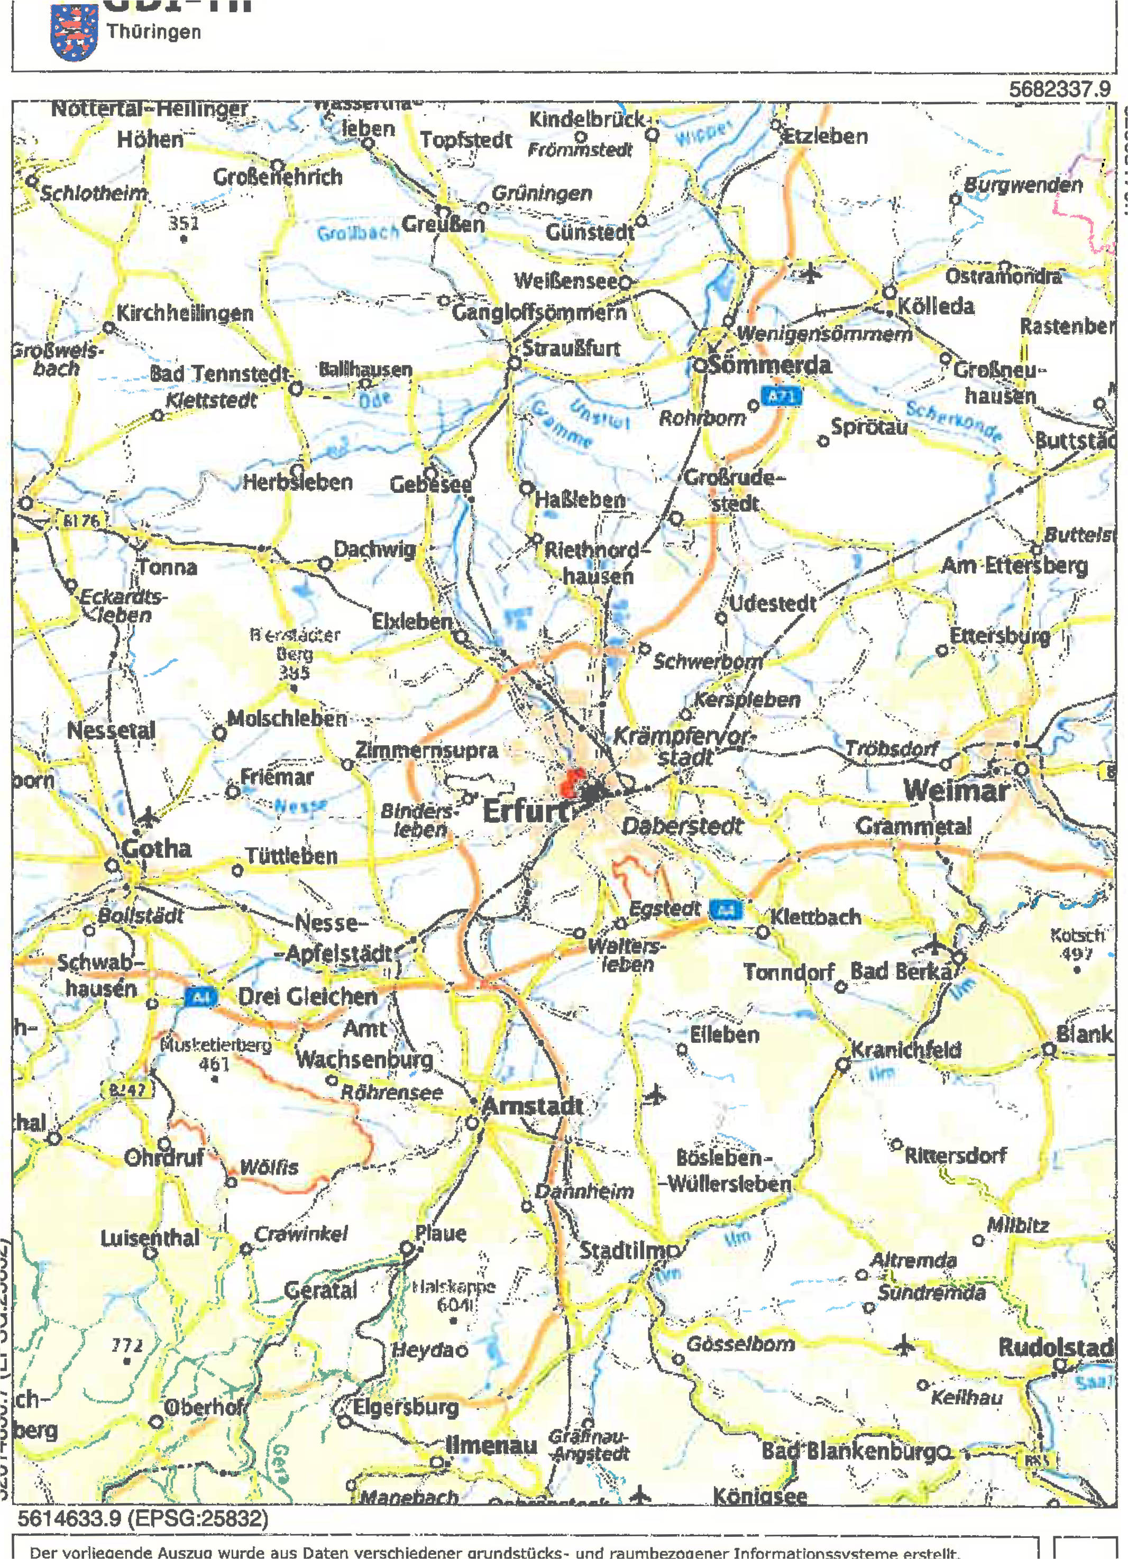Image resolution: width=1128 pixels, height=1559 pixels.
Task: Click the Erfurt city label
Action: (525, 812)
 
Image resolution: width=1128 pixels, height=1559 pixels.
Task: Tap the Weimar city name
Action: (956, 791)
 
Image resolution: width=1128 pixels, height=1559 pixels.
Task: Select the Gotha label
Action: (156, 848)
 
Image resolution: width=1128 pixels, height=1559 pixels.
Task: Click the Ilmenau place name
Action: (491, 1445)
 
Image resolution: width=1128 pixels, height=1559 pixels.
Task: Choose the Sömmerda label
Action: (770, 364)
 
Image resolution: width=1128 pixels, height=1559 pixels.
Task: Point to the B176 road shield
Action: (81, 521)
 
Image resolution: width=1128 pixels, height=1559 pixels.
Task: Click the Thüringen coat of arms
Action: (74, 32)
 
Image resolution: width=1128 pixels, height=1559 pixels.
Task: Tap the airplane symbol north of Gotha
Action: (147, 817)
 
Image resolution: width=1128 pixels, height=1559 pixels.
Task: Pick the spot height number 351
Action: (184, 223)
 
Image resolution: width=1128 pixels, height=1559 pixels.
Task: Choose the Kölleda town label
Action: (936, 306)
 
